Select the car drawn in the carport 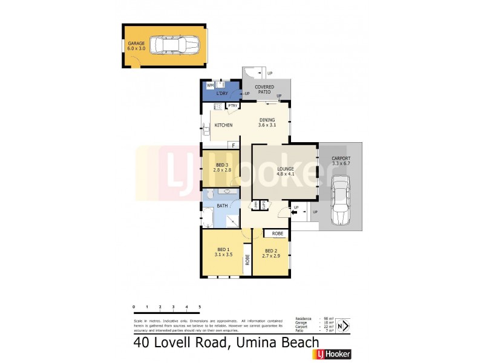pyautogui.click(x=341, y=200)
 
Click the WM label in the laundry pyautogui.click(x=210, y=86)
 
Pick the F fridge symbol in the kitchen pyautogui.click(x=233, y=145)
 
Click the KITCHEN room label pyautogui.click(x=223, y=125)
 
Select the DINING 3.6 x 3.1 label pyautogui.click(x=267, y=122)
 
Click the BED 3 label pyautogui.click(x=222, y=168)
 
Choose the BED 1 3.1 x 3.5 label pyautogui.click(x=223, y=252)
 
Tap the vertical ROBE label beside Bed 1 pyautogui.click(x=247, y=260)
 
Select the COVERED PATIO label pyautogui.click(x=264, y=90)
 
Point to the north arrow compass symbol pyautogui.click(x=342, y=325)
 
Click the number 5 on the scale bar pyautogui.click(x=200, y=307)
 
